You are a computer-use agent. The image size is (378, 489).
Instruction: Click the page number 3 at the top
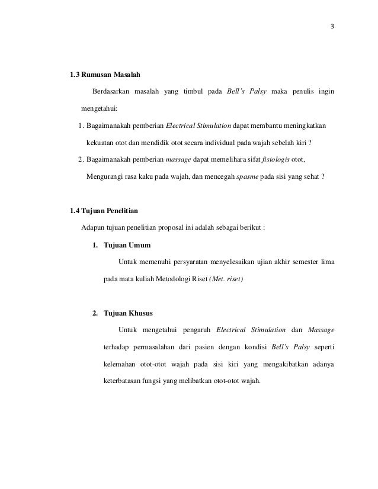pyautogui.click(x=332, y=26)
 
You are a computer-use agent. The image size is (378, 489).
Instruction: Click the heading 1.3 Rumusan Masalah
pyautogui.click(x=105, y=75)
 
